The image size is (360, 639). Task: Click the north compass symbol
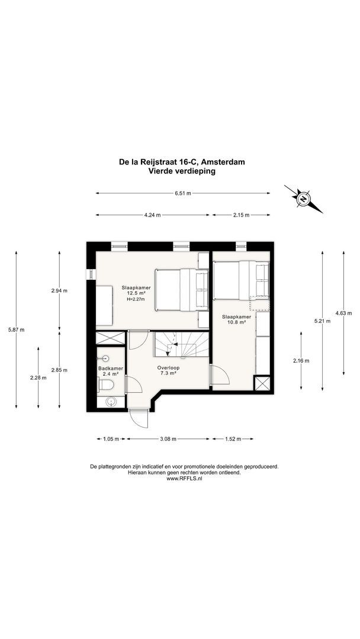tap(303, 199)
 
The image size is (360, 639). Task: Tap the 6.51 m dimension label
tap(182, 193)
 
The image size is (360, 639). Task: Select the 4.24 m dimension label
tap(152, 215)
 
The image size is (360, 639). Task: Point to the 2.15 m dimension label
tap(240, 215)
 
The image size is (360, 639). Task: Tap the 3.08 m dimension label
tap(168, 439)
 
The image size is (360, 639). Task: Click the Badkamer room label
tap(111, 369)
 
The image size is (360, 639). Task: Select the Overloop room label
tap(168, 367)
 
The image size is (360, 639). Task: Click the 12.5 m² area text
tap(135, 293)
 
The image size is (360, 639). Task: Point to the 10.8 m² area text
tap(236, 323)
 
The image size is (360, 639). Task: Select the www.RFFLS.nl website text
tap(184, 479)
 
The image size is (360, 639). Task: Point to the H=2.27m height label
tap(136, 299)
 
